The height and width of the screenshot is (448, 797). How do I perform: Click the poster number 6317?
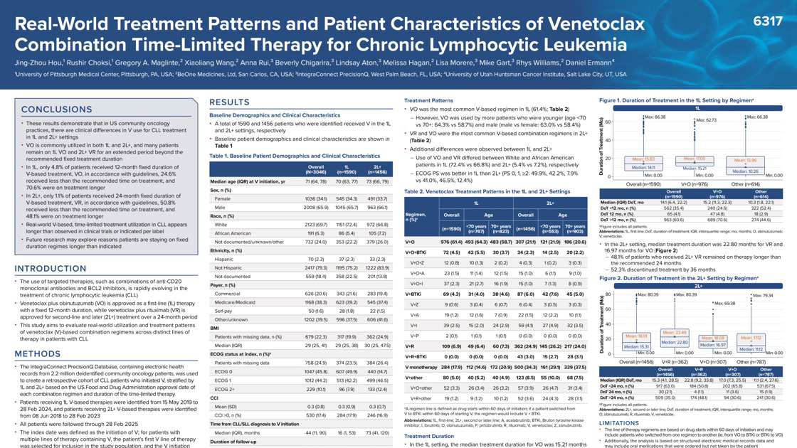[x=767, y=22]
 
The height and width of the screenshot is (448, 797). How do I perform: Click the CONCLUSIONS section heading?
[x=66, y=110]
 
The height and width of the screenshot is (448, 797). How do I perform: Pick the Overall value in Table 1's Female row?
[x=295, y=198]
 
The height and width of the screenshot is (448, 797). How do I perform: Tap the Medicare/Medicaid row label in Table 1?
[x=240, y=302]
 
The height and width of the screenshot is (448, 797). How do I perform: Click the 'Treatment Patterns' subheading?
[x=428, y=101]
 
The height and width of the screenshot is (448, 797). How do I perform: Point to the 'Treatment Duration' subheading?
[x=429, y=436]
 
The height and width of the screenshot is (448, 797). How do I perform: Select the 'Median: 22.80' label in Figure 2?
[x=675, y=342]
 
